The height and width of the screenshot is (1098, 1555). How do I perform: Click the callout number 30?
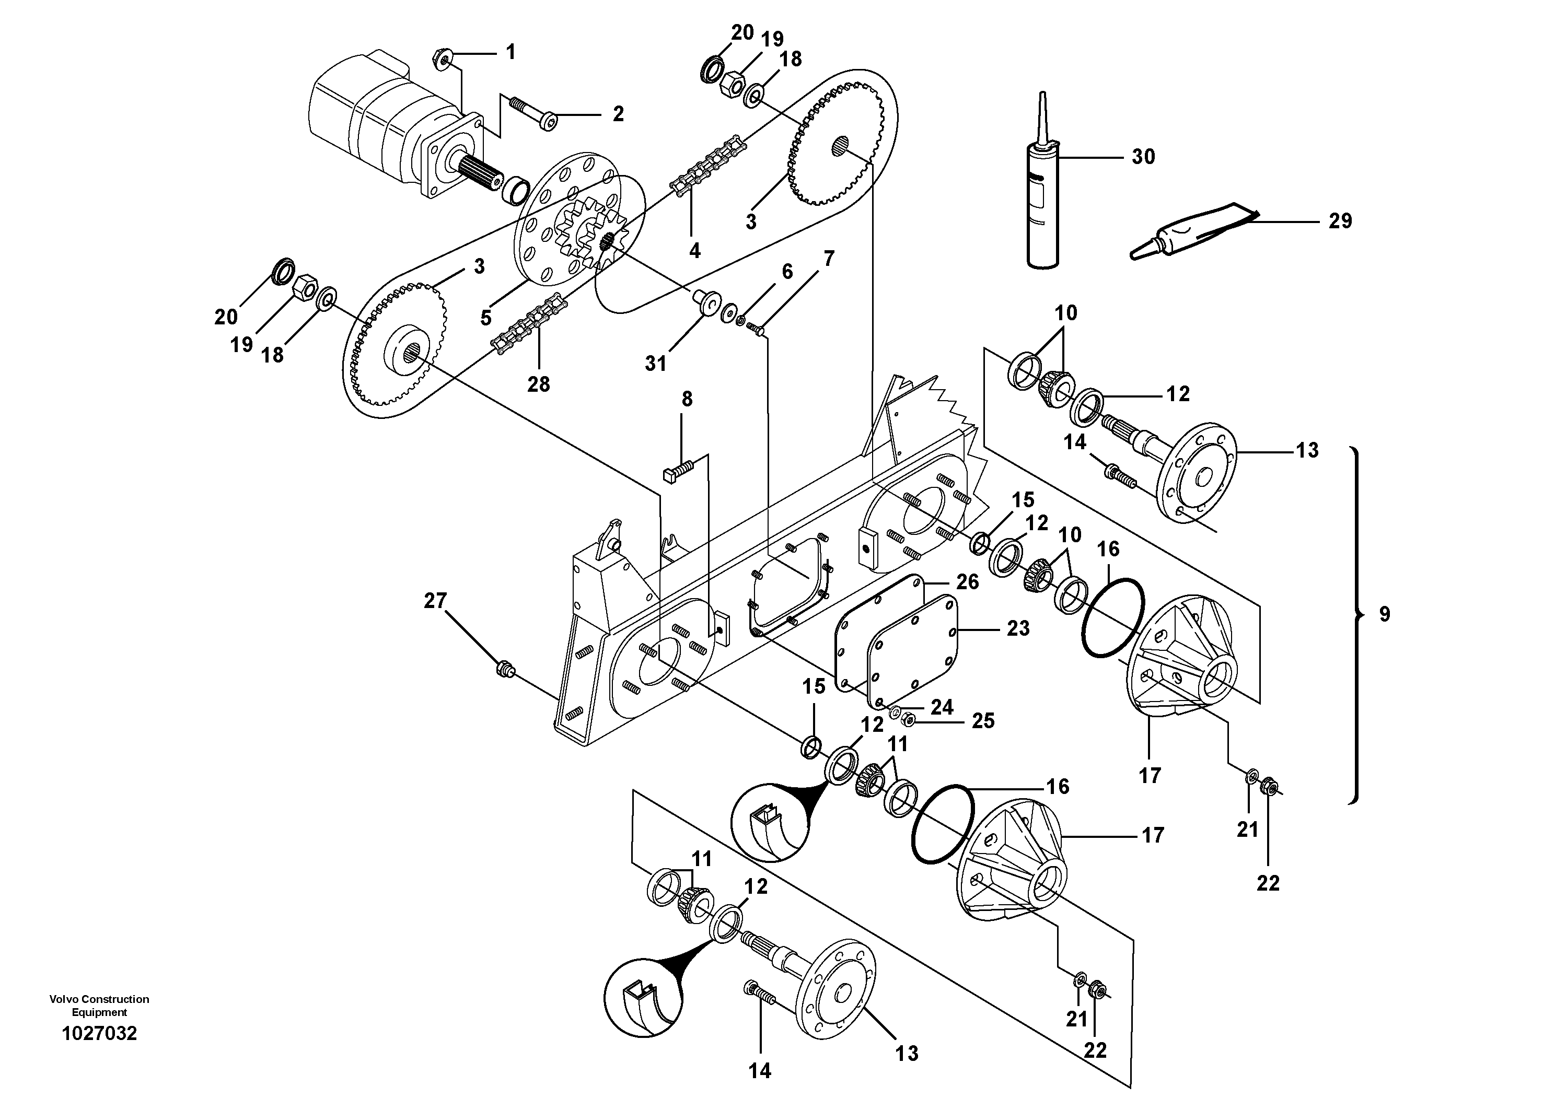(1143, 157)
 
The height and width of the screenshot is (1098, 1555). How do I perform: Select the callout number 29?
(1339, 221)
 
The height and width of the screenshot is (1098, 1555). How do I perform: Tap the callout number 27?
(435, 600)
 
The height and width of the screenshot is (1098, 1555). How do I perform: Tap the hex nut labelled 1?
(442, 62)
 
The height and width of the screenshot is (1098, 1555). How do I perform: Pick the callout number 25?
(983, 721)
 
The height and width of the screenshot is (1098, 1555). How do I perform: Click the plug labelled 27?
(505, 670)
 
